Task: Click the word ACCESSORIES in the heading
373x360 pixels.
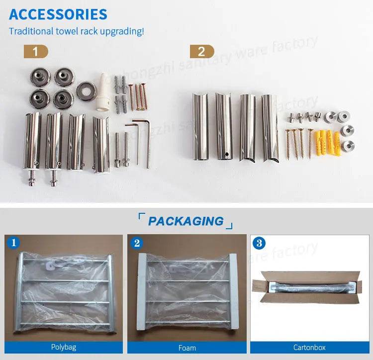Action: pos(58,14)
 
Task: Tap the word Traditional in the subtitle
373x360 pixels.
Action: pos(31,31)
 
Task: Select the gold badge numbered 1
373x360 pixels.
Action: pos(36,51)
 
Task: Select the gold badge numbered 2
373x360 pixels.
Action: pos(201,51)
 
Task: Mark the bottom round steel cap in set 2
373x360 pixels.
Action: pos(349,145)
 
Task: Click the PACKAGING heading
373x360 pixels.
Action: pos(186,221)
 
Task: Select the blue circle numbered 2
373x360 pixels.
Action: pos(138,243)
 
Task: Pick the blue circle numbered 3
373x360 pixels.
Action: pos(259,243)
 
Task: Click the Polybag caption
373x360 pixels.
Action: pos(64,347)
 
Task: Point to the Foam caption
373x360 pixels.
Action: pos(187,347)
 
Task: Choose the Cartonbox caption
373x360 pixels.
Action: pos(310,347)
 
